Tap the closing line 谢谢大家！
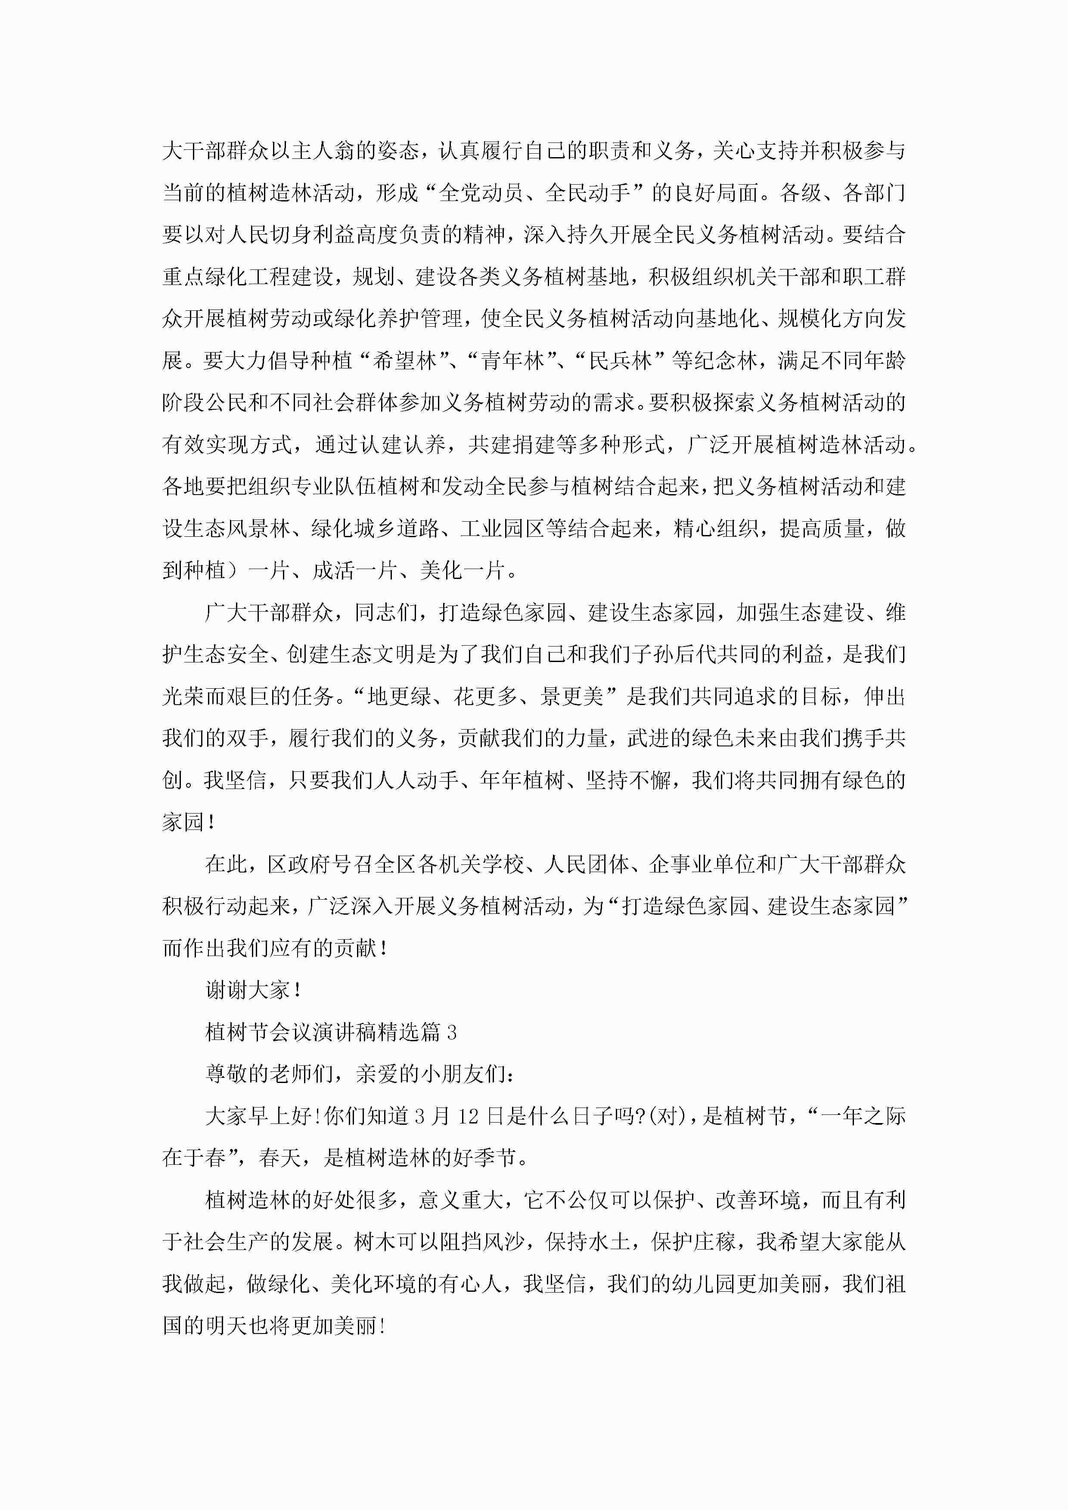tap(253, 990)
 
